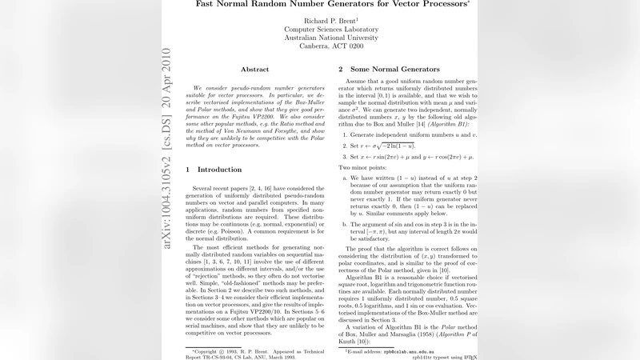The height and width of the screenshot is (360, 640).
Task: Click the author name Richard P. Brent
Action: click(x=322, y=20)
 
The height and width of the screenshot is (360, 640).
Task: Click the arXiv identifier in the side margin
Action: click(x=166, y=152)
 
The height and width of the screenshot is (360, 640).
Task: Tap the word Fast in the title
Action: click(x=210, y=4)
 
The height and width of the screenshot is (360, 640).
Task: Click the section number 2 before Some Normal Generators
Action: click(x=342, y=70)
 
